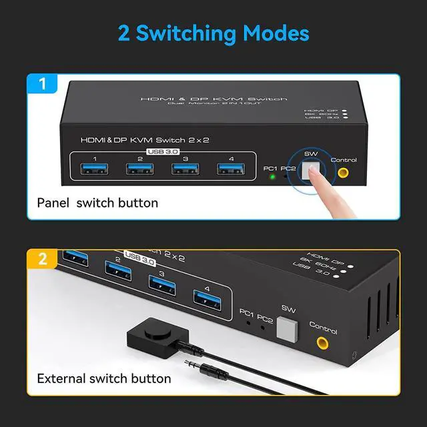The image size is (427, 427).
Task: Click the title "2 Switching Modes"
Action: tap(213, 33)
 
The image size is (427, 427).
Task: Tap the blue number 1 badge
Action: tap(42, 85)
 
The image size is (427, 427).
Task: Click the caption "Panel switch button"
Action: tap(97, 202)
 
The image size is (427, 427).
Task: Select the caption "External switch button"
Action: tap(104, 378)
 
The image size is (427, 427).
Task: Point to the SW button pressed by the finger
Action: tap(309, 171)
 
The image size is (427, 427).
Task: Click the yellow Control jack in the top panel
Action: tap(344, 173)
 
